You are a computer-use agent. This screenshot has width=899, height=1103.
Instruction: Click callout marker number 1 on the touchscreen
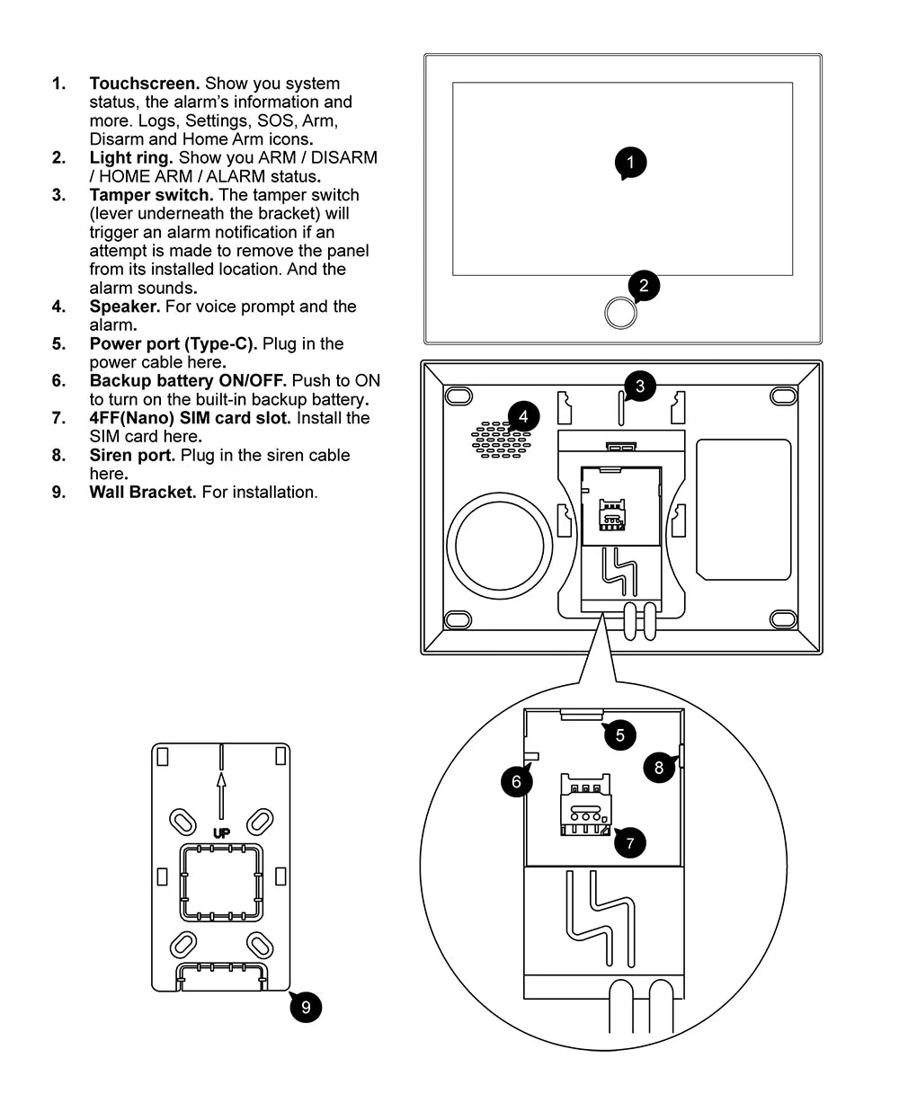click(630, 163)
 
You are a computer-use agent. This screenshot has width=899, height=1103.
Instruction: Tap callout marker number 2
click(644, 286)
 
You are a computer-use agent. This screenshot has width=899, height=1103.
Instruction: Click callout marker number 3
click(639, 387)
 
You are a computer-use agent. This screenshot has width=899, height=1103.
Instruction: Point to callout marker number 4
click(523, 416)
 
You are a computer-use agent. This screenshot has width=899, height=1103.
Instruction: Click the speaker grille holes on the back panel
click(500, 440)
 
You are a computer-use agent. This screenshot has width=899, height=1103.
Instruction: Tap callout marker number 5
click(619, 734)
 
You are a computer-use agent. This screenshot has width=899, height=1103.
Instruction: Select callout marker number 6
click(516, 781)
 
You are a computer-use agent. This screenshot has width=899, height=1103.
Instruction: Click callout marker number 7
click(629, 842)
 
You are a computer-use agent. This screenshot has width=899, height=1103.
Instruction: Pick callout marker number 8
click(659, 767)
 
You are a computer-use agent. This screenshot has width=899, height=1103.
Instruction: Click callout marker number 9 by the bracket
click(306, 1007)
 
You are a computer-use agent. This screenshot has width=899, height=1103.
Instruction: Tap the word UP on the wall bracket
click(221, 833)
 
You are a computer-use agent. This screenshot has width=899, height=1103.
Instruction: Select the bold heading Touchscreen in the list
click(144, 84)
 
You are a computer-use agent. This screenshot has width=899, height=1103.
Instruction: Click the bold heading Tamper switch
click(151, 195)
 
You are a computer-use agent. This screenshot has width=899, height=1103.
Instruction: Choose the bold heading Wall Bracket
click(142, 492)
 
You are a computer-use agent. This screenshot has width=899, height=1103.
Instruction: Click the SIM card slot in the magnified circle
click(585, 806)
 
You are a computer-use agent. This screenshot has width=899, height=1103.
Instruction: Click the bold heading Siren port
click(132, 455)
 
